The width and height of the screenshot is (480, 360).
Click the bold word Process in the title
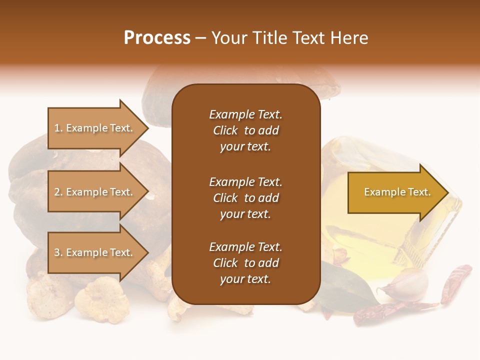[x=157, y=38]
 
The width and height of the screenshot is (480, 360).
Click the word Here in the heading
[x=349, y=38]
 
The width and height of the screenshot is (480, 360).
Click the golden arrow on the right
[x=395, y=192]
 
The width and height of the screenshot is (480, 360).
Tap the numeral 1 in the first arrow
[x=57, y=128]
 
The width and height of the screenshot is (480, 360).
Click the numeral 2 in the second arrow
[x=57, y=192]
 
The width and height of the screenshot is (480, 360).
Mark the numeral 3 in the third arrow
[x=57, y=253]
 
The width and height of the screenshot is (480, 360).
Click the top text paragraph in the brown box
[x=245, y=130]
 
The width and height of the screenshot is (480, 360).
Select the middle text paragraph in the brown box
[x=245, y=198]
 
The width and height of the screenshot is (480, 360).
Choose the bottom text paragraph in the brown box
[x=245, y=263]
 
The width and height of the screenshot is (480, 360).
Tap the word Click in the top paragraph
[x=225, y=130]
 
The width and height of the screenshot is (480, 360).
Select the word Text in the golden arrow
[x=419, y=192]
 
